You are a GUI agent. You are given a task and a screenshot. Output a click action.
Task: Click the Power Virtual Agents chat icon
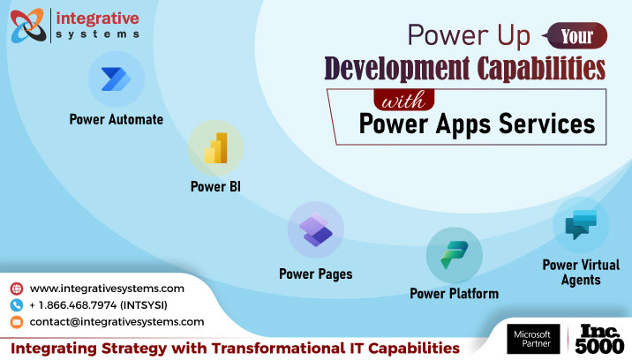[x=580, y=224]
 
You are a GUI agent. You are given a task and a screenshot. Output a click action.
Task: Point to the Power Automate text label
[x=117, y=119]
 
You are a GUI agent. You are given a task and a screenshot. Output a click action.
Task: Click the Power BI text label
[x=215, y=187]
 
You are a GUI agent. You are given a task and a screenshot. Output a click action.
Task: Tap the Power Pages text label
[x=315, y=274]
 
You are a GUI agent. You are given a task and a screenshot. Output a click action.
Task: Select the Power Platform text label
[x=454, y=293]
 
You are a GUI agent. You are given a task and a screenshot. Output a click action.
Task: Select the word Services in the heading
[x=546, y=124]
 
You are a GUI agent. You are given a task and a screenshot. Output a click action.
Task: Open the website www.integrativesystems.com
[x=107, y=289]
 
